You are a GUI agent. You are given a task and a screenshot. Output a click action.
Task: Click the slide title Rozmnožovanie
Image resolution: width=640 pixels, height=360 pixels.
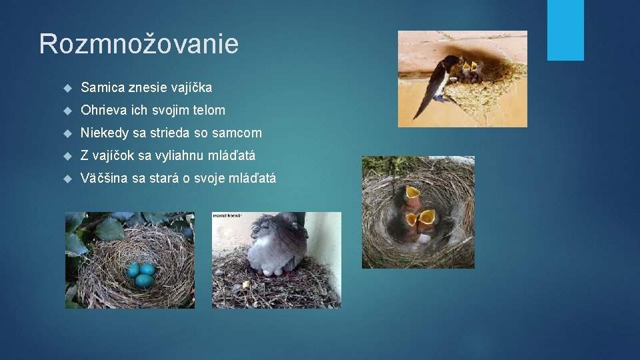click(139, 44)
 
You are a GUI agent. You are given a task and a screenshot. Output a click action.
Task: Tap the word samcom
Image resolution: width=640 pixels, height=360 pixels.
click(237, 133)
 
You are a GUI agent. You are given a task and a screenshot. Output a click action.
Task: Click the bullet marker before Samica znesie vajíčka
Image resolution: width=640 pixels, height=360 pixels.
click(67, 88)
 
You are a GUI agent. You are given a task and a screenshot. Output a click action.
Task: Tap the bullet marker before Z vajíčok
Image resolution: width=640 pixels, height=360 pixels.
click(67, 156)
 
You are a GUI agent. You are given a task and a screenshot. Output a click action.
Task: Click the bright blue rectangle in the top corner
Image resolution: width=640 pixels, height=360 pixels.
click(565, 30)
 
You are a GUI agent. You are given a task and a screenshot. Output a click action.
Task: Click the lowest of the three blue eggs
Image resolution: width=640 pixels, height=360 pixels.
click(143, 281)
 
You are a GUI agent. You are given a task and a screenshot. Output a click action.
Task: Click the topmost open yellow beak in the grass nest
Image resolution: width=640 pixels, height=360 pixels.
click(413, 193)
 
